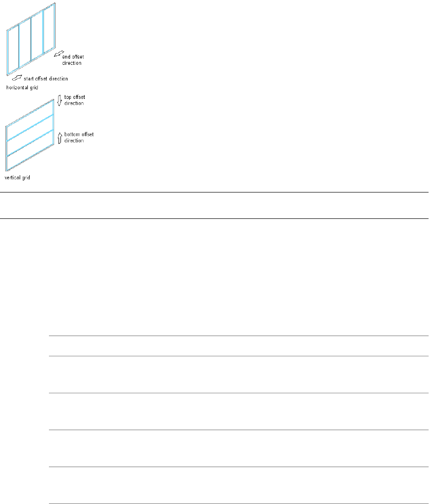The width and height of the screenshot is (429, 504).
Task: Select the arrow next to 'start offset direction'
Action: tap(17, 77)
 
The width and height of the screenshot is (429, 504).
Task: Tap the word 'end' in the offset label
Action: tap(67, 57)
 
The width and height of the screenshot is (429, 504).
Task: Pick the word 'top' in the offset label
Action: tap(67, 97)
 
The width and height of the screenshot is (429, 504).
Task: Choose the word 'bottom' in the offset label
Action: tap(71, 134)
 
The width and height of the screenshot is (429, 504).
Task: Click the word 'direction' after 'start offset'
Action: tap(59, 78)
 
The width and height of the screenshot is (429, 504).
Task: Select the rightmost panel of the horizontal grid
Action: tap(48, 30)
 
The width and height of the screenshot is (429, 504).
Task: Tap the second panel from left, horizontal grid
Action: tap(24, 43)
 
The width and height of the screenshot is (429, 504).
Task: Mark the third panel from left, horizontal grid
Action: tap(37, 36)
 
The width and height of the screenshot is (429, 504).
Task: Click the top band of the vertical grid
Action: tap(30, 115)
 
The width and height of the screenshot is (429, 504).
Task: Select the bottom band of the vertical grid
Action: tap(30, 155)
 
